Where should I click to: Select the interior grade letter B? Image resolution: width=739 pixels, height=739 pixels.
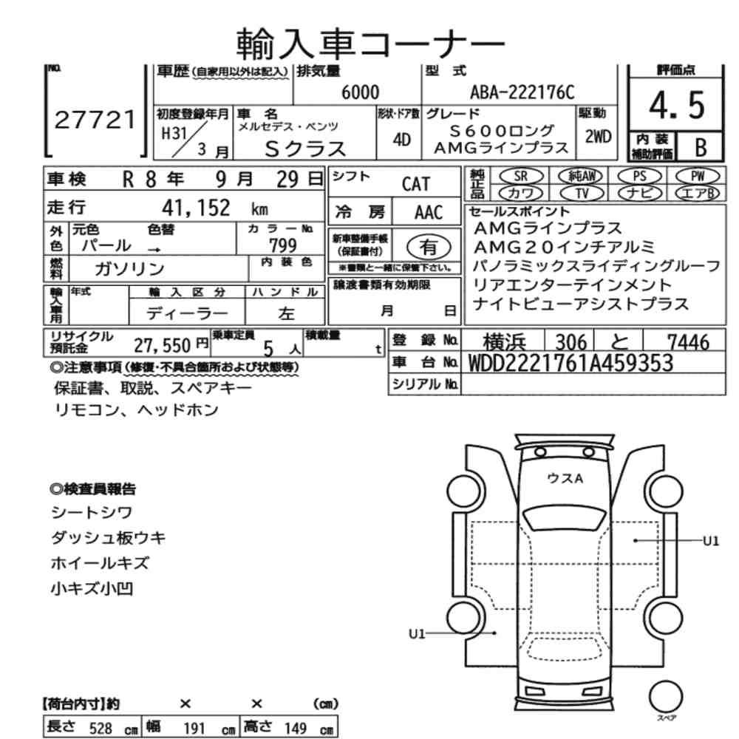point(700,147)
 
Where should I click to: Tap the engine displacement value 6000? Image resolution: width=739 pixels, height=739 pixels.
point(361,92)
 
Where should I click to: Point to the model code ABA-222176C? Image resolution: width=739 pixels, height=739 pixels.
point(522,92)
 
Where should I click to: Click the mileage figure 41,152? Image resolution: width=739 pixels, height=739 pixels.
point(196,207)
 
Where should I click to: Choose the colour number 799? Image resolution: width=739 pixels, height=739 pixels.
point(283,245)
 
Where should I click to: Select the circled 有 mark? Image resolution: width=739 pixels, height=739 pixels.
point(426,245)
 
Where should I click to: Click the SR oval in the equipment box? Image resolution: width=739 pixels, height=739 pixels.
point(520,176)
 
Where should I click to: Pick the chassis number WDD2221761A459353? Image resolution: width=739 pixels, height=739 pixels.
point(571,363)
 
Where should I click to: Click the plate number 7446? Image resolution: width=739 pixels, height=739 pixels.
point(685,341)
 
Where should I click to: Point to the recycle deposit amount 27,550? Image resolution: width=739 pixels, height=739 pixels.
point(161,344)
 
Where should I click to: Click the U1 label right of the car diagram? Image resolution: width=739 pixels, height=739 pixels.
point(710,541)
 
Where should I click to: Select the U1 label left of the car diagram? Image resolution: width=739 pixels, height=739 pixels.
point(418,633)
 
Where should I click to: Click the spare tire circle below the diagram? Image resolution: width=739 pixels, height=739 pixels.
point(664,695)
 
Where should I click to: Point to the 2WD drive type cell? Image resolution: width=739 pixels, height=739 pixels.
point(598,137)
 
